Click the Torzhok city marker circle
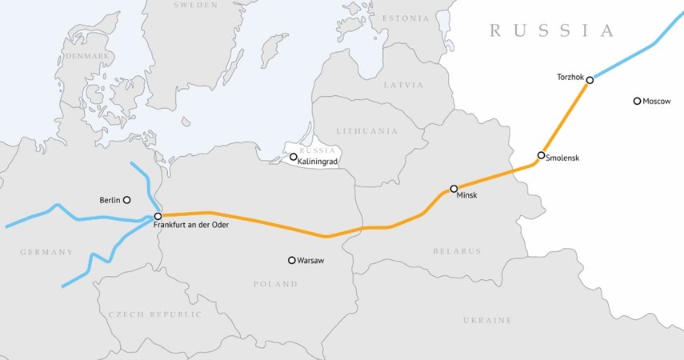click(590, 80)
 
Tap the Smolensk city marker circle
click(542, 155)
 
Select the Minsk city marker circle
click(454, 189)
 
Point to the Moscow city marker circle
click(637, 102)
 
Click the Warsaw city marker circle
click(292, 260)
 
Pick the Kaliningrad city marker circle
click(293, 158)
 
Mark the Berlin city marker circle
click(126, 200)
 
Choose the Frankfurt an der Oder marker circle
click(158, 217)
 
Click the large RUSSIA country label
click(552, 31)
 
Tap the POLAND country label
click(275, 284)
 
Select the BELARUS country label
click(457, 251)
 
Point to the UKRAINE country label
click(486, 320)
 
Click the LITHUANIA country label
click(366, 130)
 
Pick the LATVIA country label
click(403, 84)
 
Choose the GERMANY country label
click(46, 252)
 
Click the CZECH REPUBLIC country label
click(154, 314)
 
